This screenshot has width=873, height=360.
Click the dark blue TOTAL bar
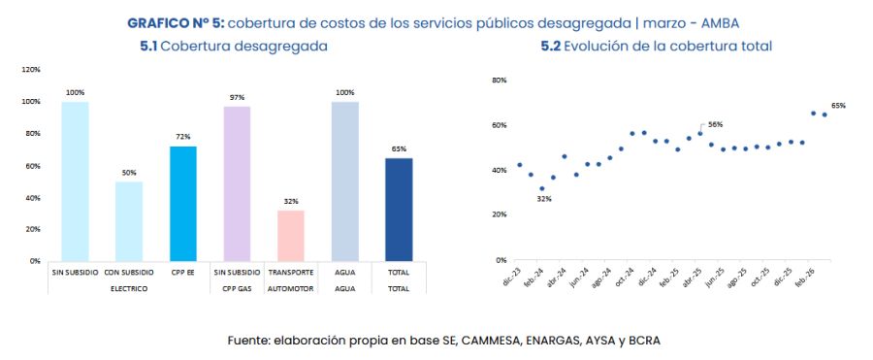coord(398,210)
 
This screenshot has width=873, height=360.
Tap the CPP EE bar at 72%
coord(182,203)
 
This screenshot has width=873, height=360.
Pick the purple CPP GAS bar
coord(237,183)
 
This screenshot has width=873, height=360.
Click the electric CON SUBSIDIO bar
coord(129,221)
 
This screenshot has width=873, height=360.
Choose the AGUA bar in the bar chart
coord(344,180)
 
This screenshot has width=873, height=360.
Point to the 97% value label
coord(237,97)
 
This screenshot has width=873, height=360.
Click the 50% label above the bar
coord(129,173)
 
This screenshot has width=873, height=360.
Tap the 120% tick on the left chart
coord(31,70)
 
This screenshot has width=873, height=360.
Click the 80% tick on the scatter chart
coord(501,80)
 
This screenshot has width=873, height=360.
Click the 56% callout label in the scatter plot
coord(715,124)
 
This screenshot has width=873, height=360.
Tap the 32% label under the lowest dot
coord(544,199)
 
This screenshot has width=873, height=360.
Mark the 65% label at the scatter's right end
coord(838,105)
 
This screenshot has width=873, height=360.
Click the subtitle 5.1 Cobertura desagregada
coord(233,46)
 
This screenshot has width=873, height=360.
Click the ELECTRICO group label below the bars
coord(129,289)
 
